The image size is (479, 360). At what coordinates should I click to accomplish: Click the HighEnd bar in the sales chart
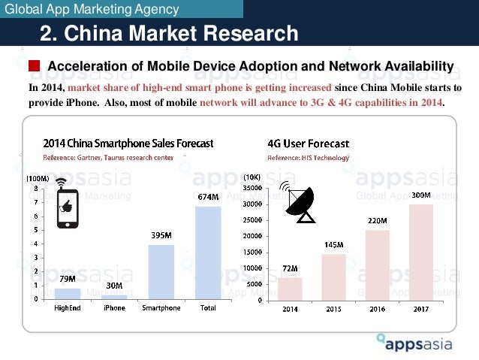click(68, 293)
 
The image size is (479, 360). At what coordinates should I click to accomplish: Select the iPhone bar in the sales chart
click(115, 296)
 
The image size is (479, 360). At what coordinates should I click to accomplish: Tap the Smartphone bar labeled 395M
click(161, 271)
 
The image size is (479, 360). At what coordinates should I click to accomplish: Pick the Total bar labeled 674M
click(208, 253)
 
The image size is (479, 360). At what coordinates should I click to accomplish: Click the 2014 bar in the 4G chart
click(290, 289)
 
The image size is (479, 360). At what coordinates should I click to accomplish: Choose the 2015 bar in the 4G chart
click(333, 277)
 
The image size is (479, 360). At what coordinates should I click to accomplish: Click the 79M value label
click(68, 280)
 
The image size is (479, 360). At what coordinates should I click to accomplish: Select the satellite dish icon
click(298, 201)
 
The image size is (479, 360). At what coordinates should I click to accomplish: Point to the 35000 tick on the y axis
click(252, 188)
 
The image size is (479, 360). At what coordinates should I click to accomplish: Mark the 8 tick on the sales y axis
click(37, 189)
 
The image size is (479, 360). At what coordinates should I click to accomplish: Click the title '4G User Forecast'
click(308, 143)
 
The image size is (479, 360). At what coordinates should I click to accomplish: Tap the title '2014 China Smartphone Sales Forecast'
click(128, 143)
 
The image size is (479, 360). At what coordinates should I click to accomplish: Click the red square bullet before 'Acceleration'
click(35, 67)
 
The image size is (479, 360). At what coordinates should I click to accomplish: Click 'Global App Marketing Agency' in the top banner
click(92, 10)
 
